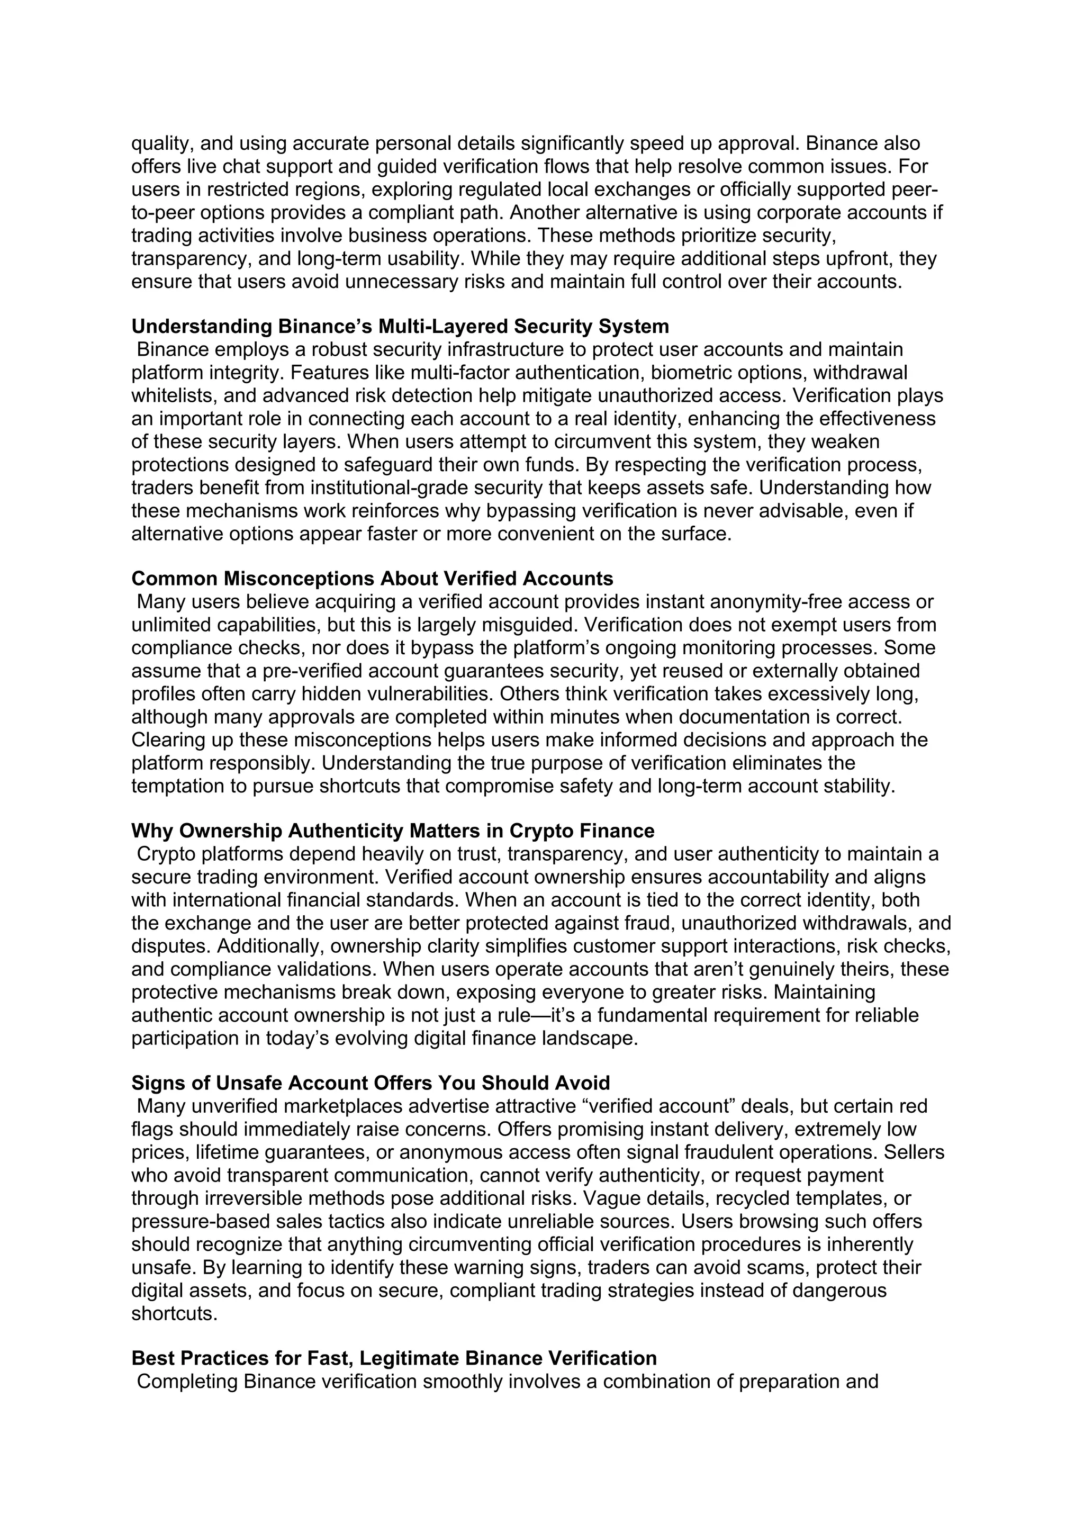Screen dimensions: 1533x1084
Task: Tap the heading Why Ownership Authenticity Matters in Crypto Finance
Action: point(393,831)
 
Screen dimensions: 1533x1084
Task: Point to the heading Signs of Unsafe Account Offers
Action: point(371,1083)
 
